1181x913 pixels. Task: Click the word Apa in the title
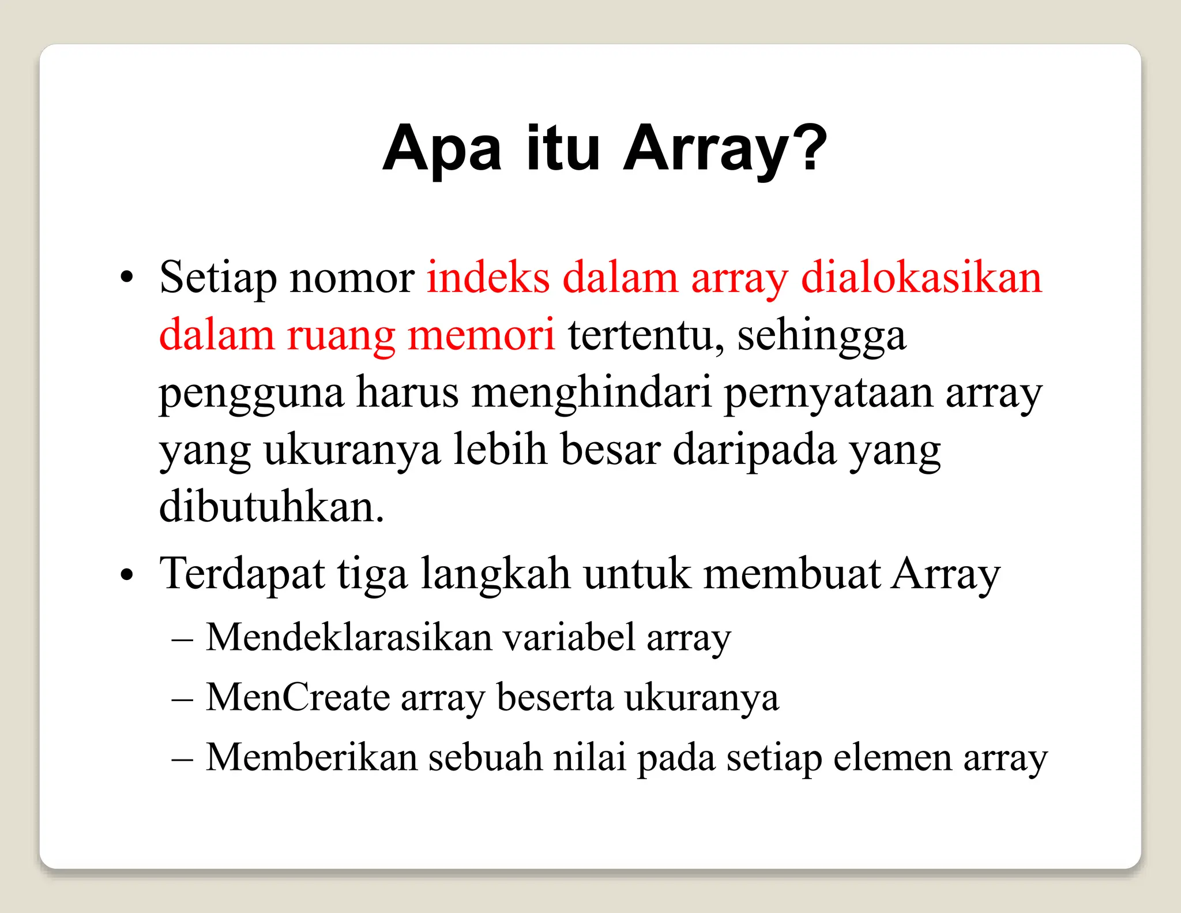coord(442,149)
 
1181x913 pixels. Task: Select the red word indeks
coord(488,278)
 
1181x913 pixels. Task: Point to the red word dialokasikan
coord(922,278)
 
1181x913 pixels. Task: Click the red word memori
coord(481,335)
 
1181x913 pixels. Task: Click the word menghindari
coord(592,392)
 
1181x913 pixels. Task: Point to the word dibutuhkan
coord(271,507)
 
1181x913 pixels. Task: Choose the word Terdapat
coord(242,575)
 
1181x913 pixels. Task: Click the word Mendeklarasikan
coord(348,638)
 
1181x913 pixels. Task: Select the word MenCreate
coord(298,697)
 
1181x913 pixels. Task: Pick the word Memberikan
coord(311,757)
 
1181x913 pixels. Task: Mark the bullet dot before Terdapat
coord(127,575)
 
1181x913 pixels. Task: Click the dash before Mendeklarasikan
coord(182,640)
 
